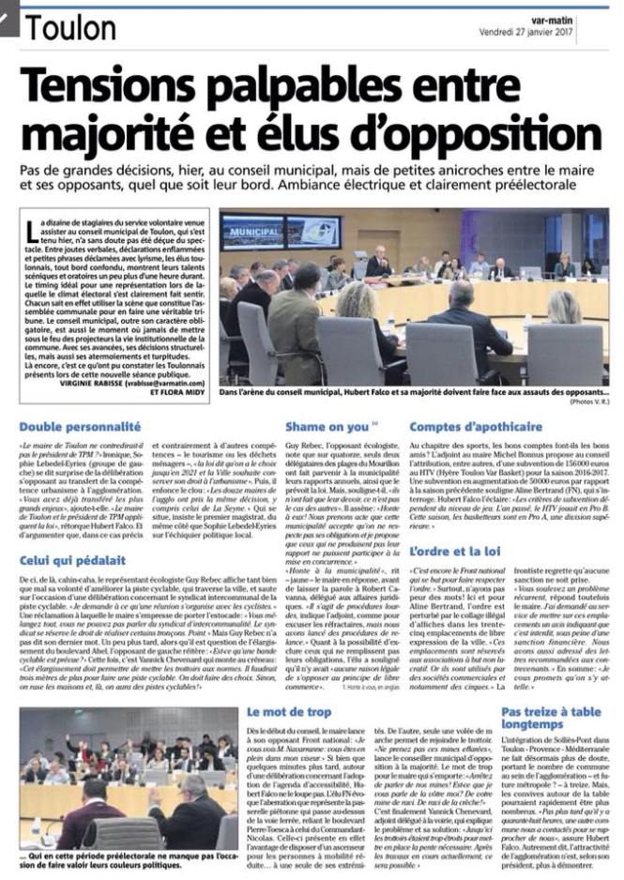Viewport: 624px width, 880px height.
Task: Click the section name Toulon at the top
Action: pos(70,28)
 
